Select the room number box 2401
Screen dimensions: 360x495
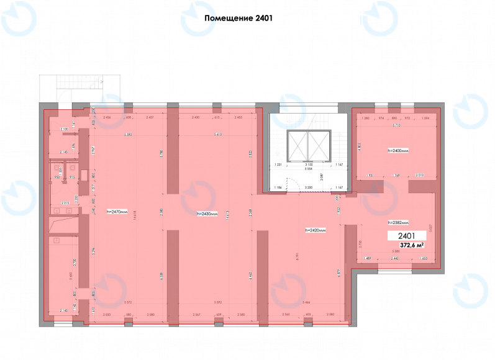pyautogui.click(x=407, y=236)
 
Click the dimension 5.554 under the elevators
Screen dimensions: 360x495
pyautogui.click(x=308, y=169)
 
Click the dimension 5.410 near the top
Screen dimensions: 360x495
pyautogui.click(x=217, y=135)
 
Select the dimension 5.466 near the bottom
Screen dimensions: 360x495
pyautogui.click(x=306, y=302)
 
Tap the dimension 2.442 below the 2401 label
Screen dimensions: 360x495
pyautogui.click(x=394, y=258)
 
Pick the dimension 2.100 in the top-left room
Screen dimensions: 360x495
pyautogui.click(x=64, y=129)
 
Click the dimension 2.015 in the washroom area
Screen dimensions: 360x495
pyautogui.click(x=65, y=203)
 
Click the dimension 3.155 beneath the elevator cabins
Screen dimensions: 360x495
pyautogui.click(x=308, y=164)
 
